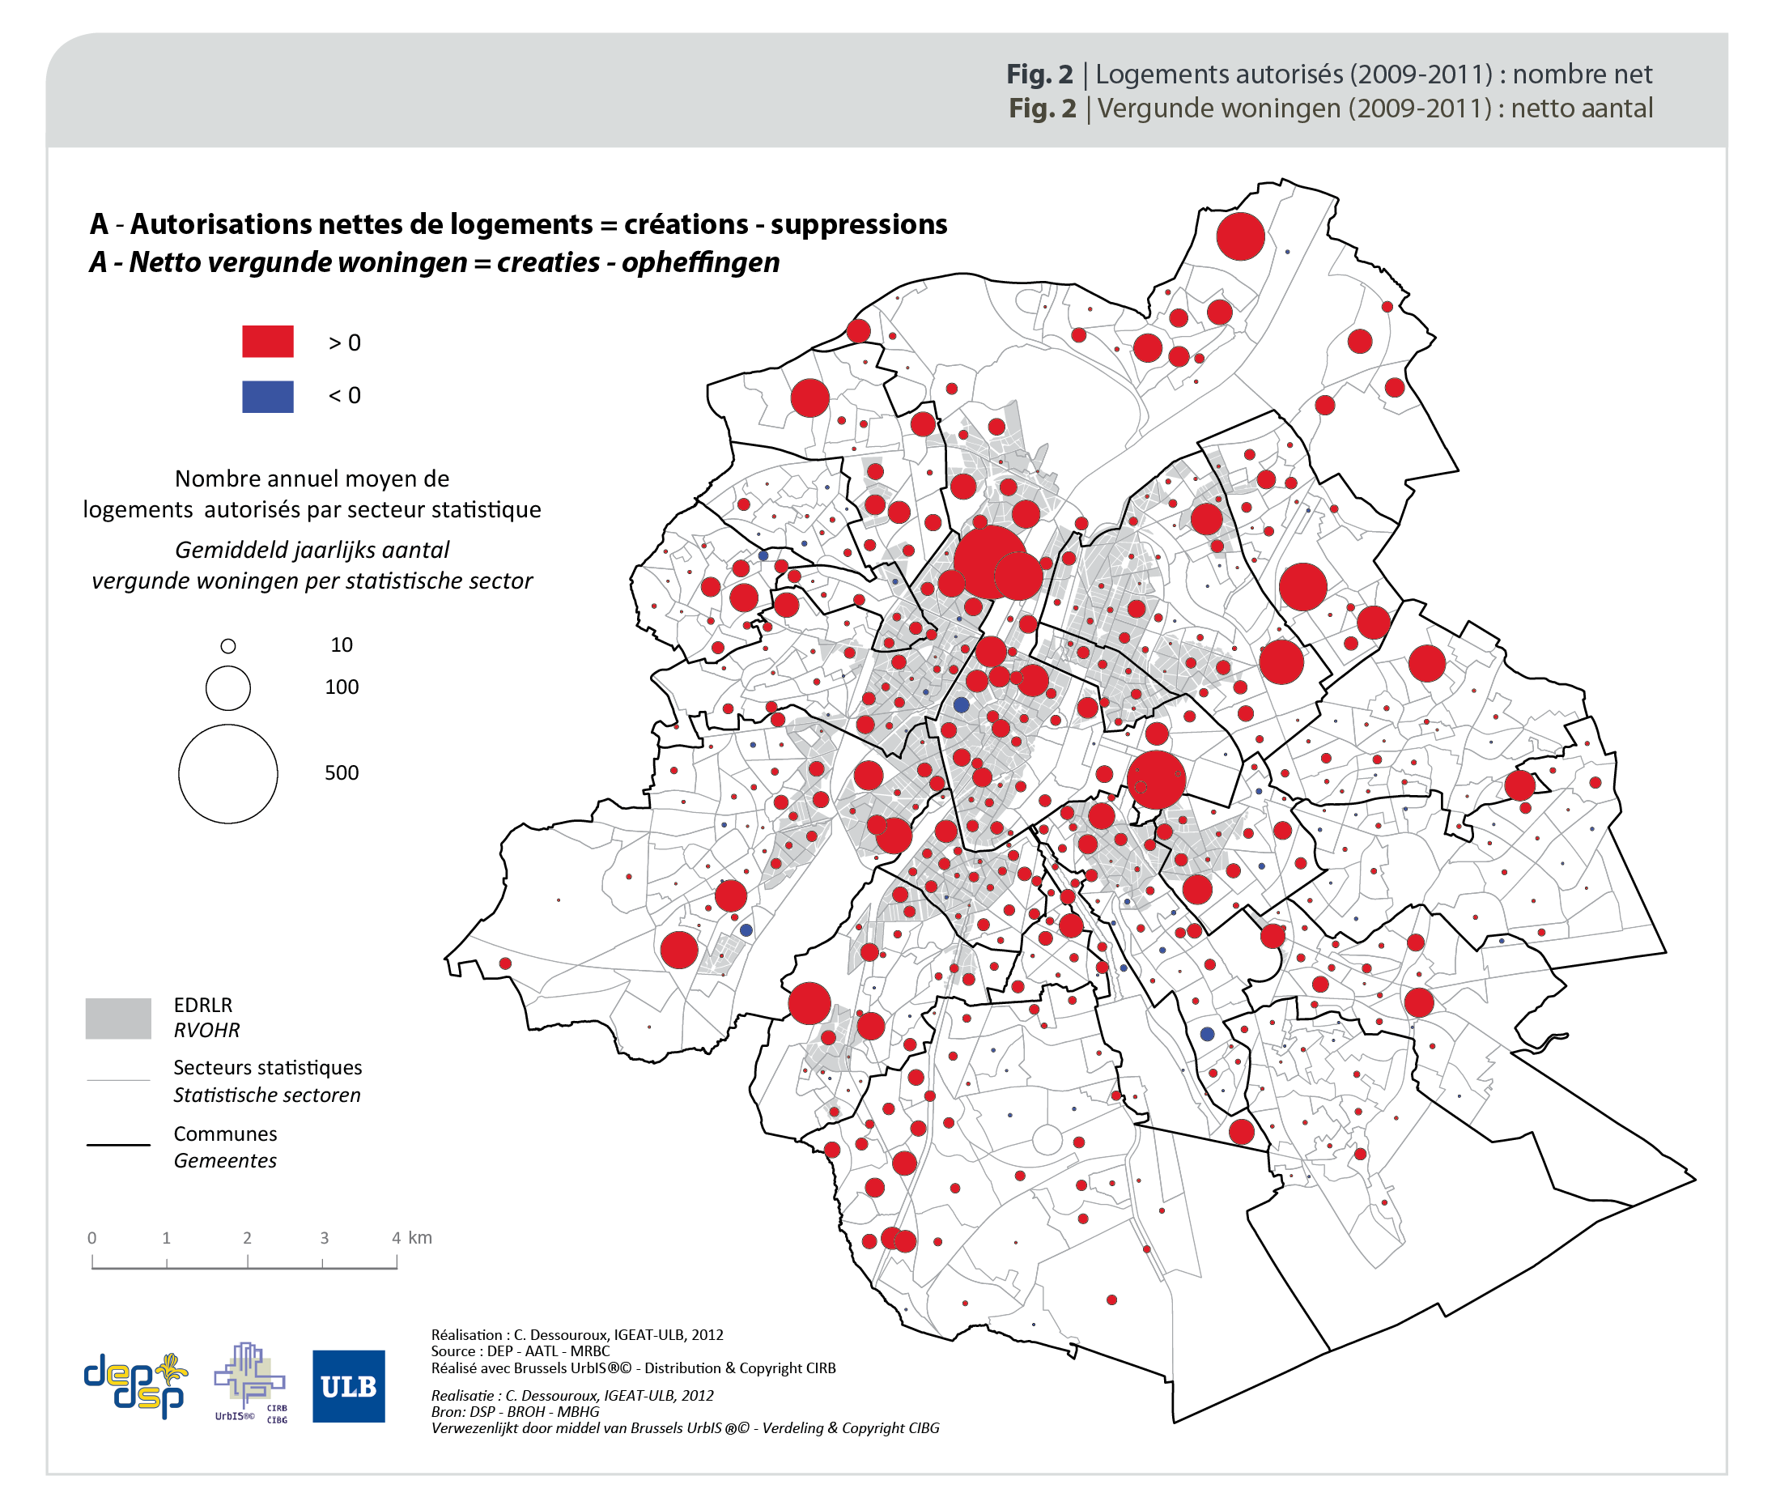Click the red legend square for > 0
point(267,341)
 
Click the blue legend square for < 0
point(267,397)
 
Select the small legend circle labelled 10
point(227,646)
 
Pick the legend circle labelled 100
point(227,688)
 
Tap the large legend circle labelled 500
point(227,774)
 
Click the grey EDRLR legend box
point(118,1018)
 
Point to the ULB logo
point(348,1386)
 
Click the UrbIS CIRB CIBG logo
point(250,1382)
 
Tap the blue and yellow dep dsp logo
point(135,1385)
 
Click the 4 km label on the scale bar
point(412,1238)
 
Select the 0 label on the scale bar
point(92,1238)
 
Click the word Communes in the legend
point(225,1134)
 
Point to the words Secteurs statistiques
point(267,1067)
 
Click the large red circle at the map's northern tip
point(1240,236)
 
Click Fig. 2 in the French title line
point(1039,74)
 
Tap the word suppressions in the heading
point(859,224)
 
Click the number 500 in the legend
point(341,773)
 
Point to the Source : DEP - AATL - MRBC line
point(520,1350)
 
